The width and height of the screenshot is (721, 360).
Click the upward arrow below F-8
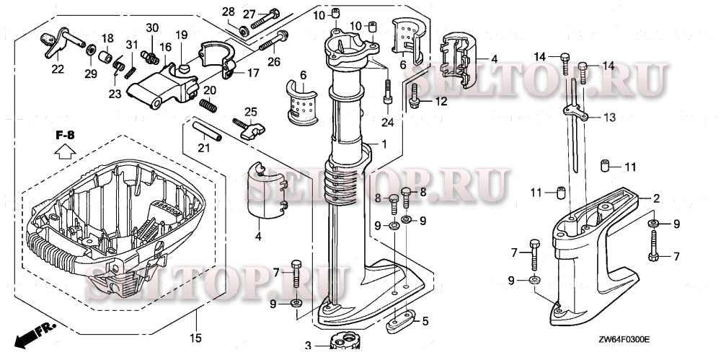pos(63,151)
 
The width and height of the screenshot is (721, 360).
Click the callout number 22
pos(57,69)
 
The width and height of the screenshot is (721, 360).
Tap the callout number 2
pos(657,197)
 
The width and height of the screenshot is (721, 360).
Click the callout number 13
pos(610,117)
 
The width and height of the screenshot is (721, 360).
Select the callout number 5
pos(425,321)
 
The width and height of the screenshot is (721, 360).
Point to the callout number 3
pos(306,346)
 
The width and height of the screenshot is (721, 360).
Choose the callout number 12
pos(441,102)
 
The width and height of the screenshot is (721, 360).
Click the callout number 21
pos(203,148)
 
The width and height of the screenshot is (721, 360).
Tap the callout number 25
pos(250,111)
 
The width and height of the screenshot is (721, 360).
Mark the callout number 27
pos(249,14)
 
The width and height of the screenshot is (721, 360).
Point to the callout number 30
pos(152,27)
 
